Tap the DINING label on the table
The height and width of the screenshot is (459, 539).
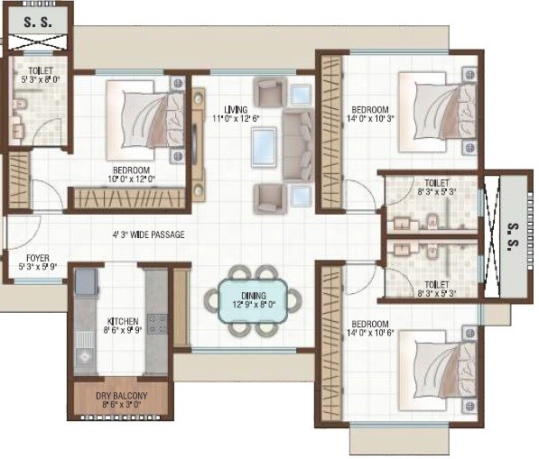[253, 295]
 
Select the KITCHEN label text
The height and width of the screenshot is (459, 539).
[124, 320]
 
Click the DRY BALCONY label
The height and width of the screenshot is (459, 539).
[121, 395]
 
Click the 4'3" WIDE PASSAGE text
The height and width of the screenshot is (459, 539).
[148, 235]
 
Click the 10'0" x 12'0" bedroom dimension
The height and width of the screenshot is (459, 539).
[131, 179]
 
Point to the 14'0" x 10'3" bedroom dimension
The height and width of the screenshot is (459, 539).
[371, 118]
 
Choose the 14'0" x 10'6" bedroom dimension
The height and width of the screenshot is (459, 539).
[370, 334]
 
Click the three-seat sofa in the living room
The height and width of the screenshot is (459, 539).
[298, 144]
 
